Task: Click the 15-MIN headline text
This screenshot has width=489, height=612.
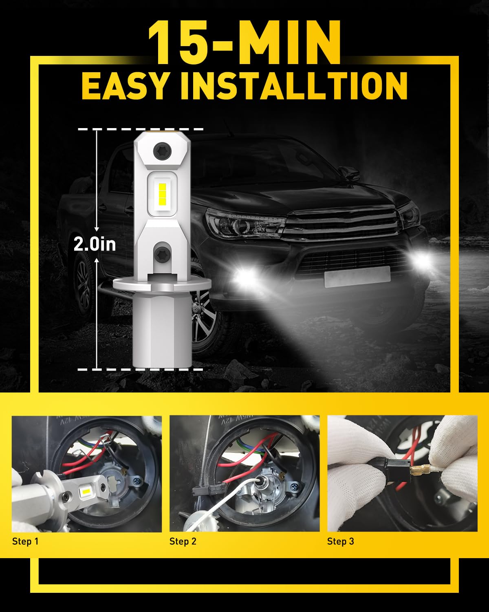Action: tap(244, 41)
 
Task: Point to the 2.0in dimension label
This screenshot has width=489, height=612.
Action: tap(95, 244)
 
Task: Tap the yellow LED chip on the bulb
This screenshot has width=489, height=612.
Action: tap(162, 192)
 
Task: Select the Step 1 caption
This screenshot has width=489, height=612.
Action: tap(25, 541)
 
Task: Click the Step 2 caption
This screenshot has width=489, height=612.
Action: tap(183, 541)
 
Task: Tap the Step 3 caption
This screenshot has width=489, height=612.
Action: tap(341, 541)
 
